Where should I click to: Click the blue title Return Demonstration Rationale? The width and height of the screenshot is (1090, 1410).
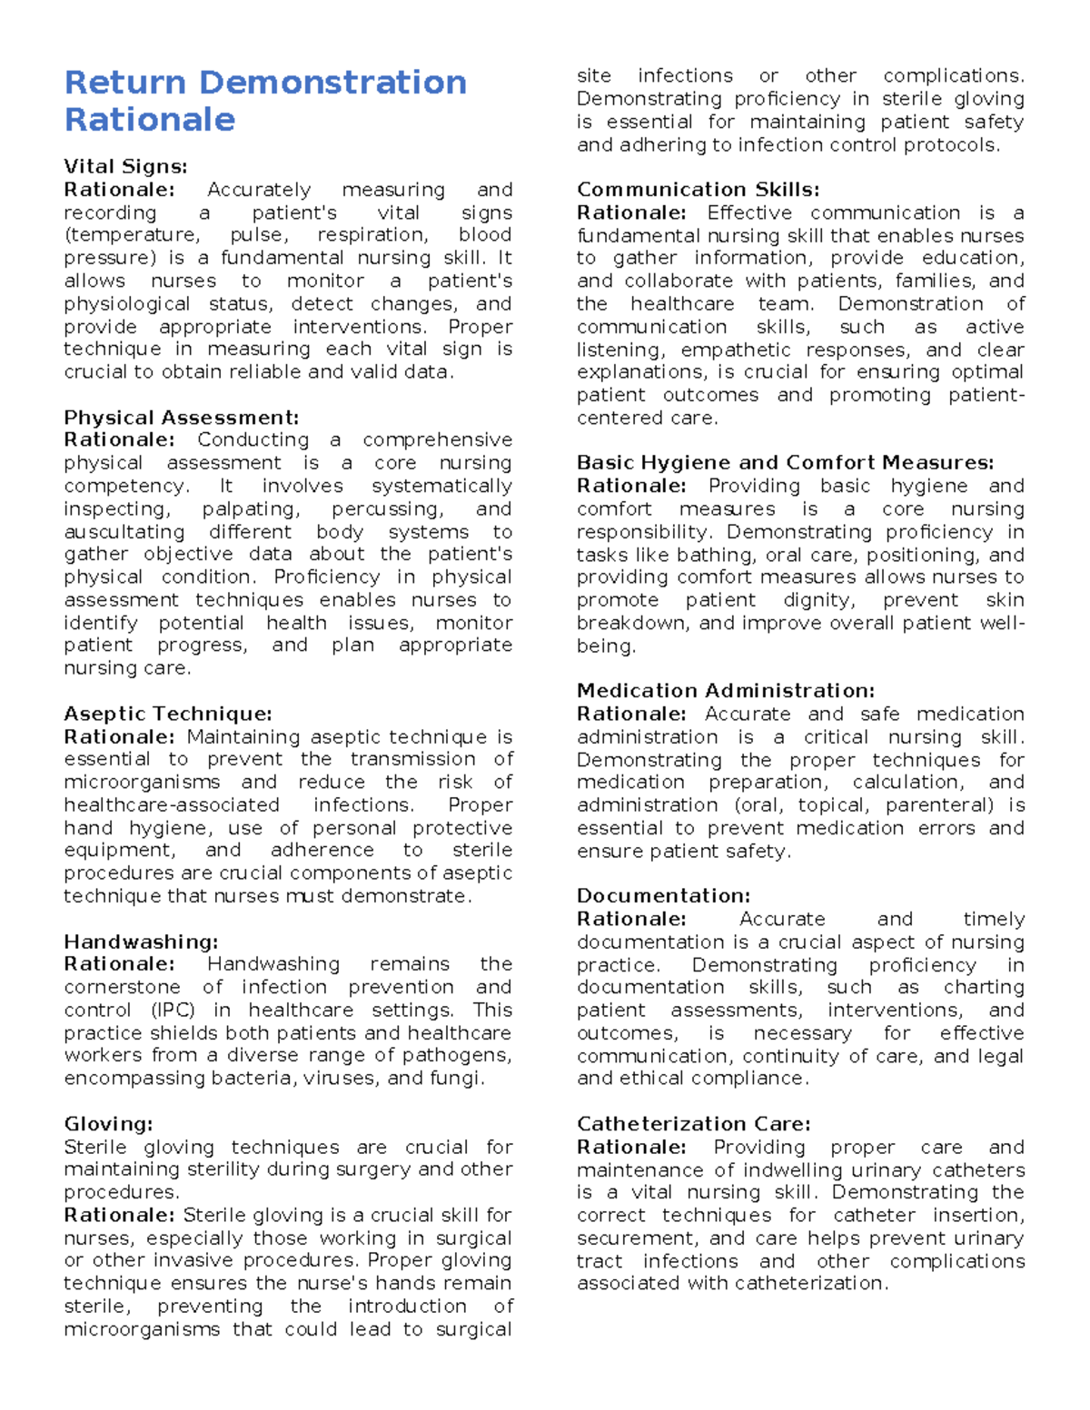click(264, 100)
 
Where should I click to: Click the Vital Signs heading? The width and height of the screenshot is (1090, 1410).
click(125, 166)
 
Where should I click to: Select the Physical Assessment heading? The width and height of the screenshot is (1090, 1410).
click(181, 418)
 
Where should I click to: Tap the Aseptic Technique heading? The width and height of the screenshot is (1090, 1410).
click(168, 714)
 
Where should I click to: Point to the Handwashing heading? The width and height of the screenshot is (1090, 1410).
click(141, 942)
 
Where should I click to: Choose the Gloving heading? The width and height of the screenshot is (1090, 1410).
click(108, 1124)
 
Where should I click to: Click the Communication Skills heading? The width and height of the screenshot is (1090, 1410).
click(698, 190)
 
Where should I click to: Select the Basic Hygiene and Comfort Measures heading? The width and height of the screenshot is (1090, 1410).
click(785, 463)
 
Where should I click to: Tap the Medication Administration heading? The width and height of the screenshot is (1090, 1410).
click(726, 691)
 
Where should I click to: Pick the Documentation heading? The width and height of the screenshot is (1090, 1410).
click(663, 896)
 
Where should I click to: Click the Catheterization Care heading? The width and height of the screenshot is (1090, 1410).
click(693, 1124)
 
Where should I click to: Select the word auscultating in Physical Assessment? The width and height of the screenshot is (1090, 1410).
click(124, 532)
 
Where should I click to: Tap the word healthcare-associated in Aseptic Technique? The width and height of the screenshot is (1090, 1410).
click(172, 805)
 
